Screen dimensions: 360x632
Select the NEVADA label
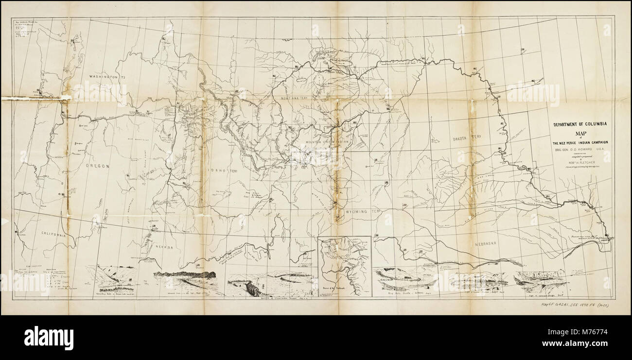[x=164, y=247]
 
